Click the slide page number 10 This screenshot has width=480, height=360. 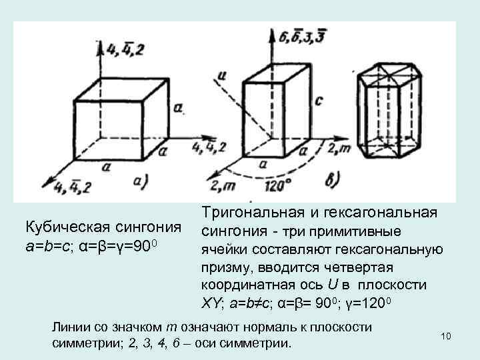tap(446, 335)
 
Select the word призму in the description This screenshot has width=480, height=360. tap(222, 269)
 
